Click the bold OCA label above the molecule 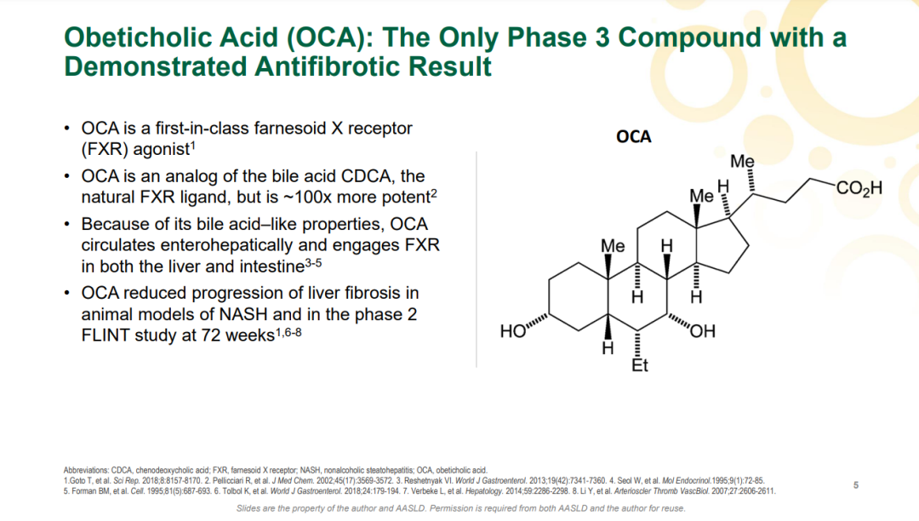[x=634, y=136]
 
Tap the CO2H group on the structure [x=859, y=188]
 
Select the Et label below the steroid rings [x=639, y=366]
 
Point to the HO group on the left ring [x=513, y=332]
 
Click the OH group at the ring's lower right [x=703, y=332]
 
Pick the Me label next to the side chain [x=742, y=161]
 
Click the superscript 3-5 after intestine [x=313, y=263]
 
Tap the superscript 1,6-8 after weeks [x=288, y=332]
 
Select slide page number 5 [x=856, y=485]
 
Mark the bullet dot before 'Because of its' [x=67, y=225]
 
